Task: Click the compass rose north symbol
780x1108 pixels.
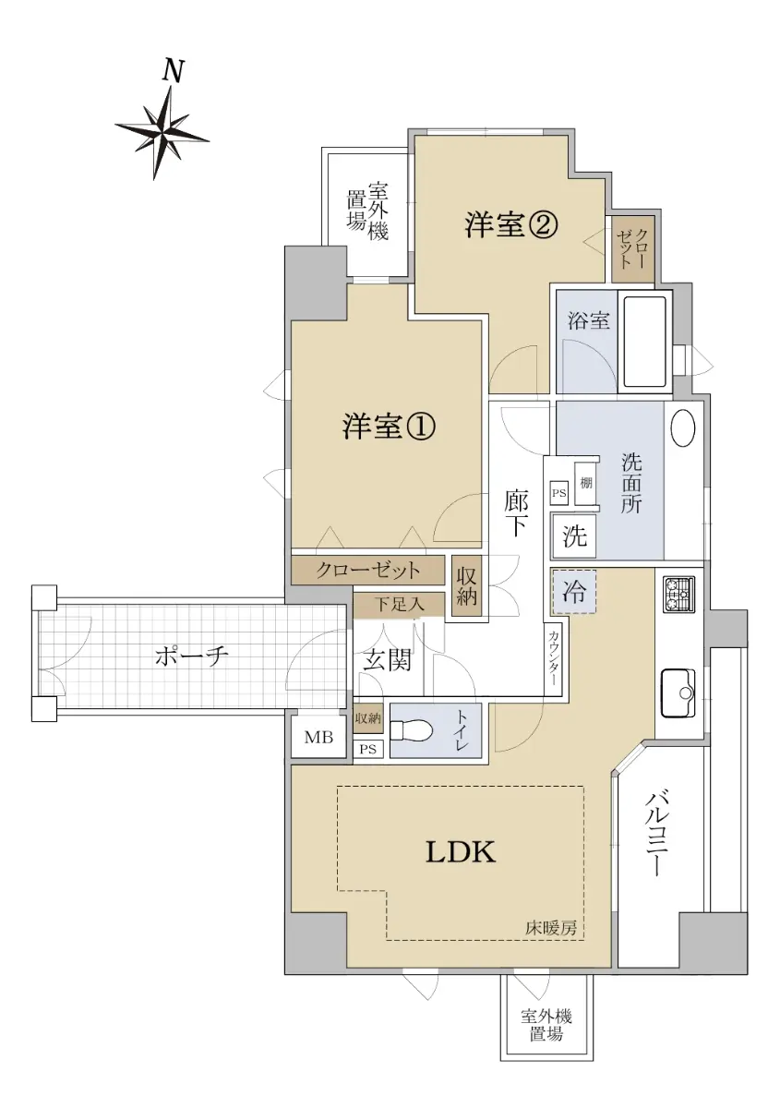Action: tap(162, 133)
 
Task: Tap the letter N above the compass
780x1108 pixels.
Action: tap(174, 71)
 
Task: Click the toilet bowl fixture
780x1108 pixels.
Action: tap(412, 729)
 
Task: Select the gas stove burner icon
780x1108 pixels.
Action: tap(678, 596)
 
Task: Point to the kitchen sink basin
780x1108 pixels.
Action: tap(678, 693)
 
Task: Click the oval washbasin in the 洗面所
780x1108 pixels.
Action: tap(683, 428)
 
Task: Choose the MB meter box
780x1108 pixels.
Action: tap(318, 738)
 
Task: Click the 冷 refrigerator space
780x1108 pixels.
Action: tap(574, 592)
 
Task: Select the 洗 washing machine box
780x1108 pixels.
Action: tap(574, 536)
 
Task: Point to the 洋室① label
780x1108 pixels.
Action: tap(389, 427)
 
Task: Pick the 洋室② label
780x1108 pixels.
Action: tap(511, 225)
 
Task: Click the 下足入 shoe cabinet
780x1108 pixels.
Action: tap(399, 605)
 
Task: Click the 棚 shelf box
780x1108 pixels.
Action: tap(585, 483)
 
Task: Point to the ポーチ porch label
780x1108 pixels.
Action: tap(191, 657)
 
